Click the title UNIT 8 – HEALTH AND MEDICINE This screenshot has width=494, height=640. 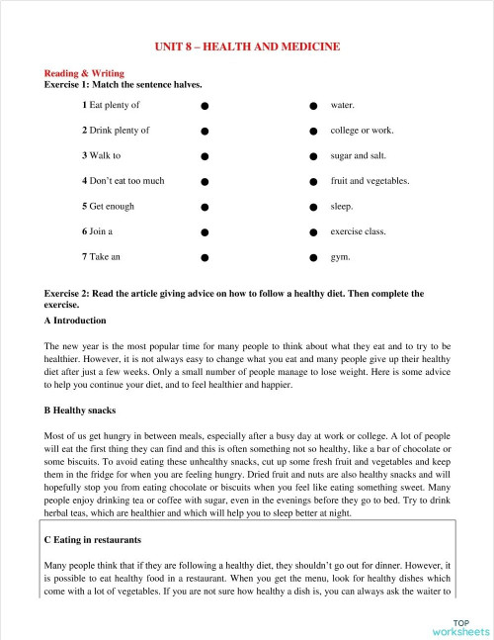point(247,46)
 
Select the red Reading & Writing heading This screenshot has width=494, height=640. point(82,73)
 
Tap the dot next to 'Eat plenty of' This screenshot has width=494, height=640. point(203,105)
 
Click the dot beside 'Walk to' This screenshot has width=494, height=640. point(203,155)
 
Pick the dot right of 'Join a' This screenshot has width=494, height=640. point(203,231)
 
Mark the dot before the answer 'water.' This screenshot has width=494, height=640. point(312,105)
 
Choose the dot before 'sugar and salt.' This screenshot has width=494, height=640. point(312,155)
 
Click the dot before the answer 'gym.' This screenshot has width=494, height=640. point(312,257)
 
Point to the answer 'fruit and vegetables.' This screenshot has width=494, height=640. point(370,181)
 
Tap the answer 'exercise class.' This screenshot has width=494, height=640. point(358,231)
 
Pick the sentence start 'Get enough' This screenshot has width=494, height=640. point(112,207)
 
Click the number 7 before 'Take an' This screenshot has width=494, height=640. point(85,257)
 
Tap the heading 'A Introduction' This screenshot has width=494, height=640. point(75,321)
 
